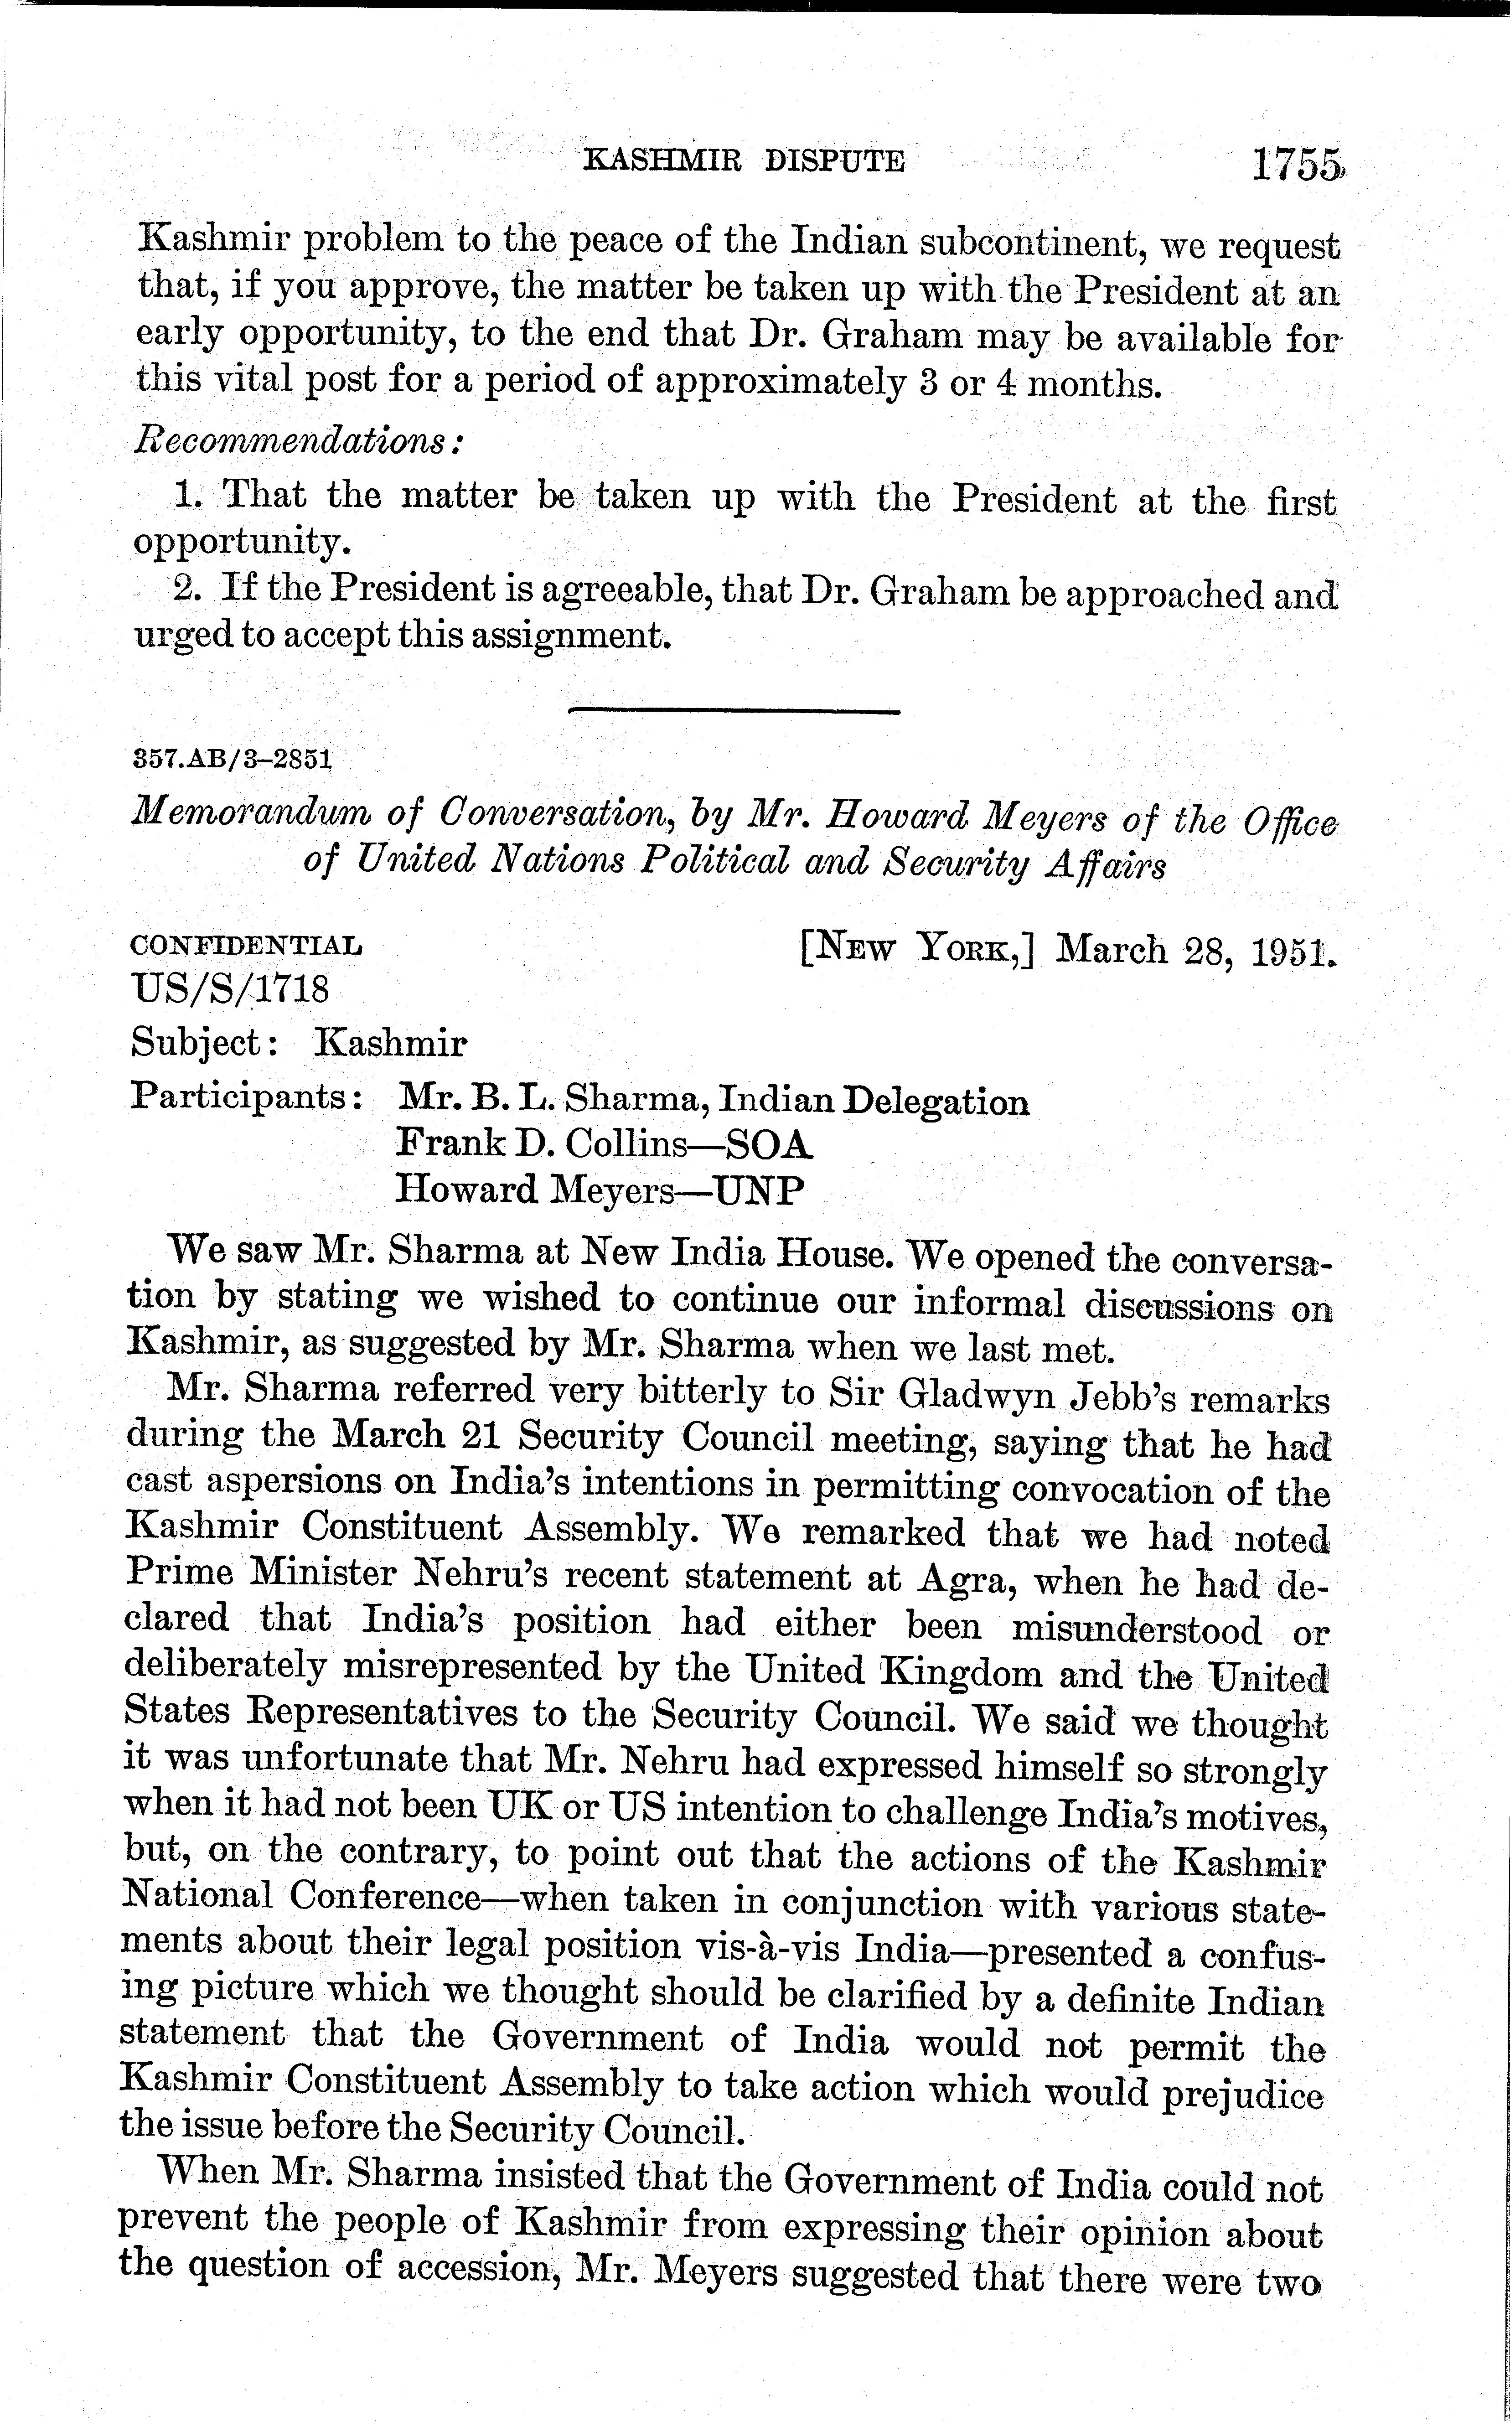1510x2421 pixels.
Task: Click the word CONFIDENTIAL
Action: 247,945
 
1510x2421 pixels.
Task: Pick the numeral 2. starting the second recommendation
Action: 187,587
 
